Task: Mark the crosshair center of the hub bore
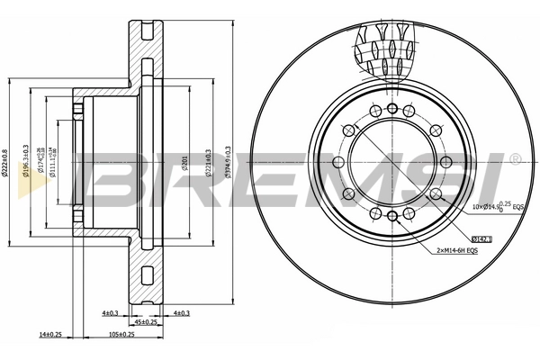coord(390,161)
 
